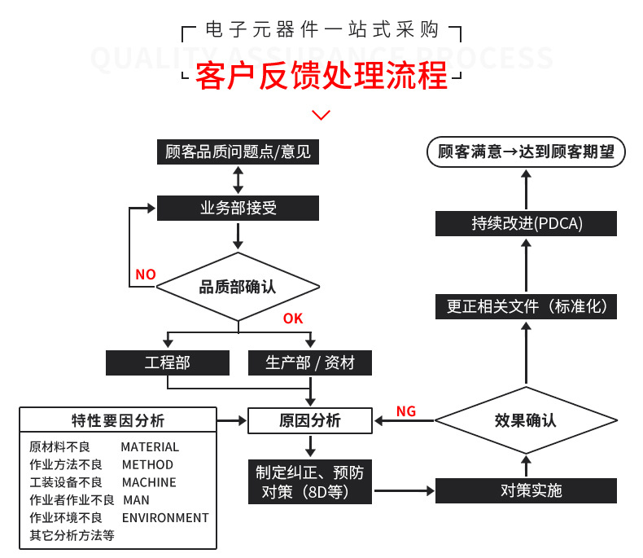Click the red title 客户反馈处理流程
tap(321, 77)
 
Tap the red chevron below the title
tap(321, 115)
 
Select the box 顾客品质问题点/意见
tap(238, 152)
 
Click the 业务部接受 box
tap(238, 208)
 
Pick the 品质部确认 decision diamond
tap(238, 287)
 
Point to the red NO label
tap(146, 275)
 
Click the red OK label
tap(293, 319)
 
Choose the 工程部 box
tap(168, 362)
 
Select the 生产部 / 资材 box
tap(310, 362)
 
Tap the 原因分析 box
tap(310, 421)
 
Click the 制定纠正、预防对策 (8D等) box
tap(310, 481)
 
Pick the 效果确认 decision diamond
tap(525, 421)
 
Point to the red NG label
tap(406, 411)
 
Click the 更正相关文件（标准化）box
tap(527, 306)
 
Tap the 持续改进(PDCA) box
tap(527, 223)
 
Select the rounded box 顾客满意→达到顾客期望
tap(527, 152)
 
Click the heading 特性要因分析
tap(118, 421)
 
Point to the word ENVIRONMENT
tap(165, 517)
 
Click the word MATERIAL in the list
tap(150, 446)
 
